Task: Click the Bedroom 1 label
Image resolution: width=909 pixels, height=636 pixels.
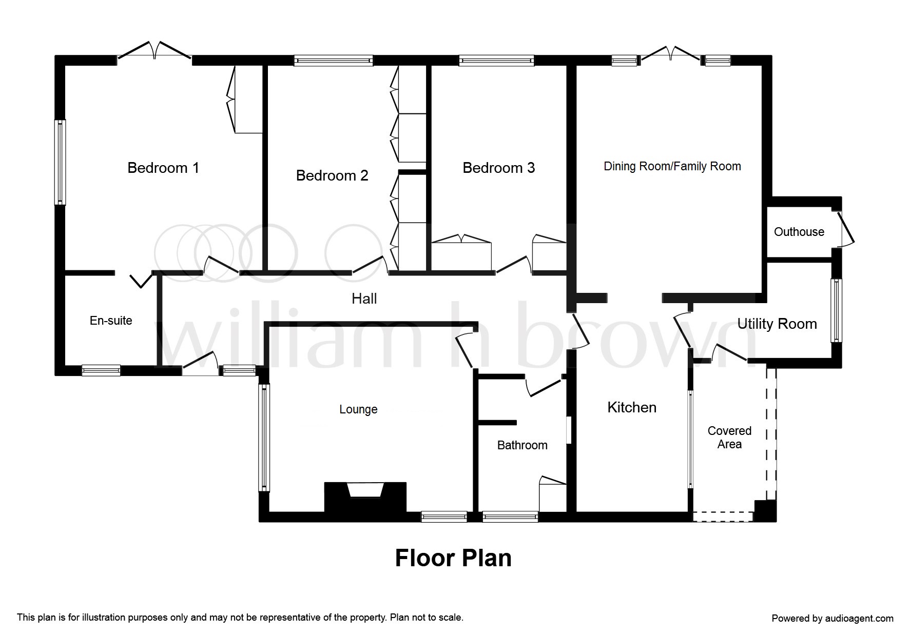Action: pos(163,168)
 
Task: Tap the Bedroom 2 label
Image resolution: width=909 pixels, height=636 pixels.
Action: pos(332,175)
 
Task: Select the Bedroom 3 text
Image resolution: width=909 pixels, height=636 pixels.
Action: pos(498,168)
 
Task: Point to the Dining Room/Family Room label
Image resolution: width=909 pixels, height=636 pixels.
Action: pos(672,166)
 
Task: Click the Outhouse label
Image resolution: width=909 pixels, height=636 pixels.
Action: pos(799,232)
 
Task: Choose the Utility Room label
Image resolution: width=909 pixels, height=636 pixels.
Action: pos(777,324)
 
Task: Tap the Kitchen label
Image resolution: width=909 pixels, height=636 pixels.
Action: pos(632,407)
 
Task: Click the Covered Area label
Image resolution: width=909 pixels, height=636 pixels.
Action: pos(729,438)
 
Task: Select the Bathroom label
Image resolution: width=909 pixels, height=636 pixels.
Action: pos(522,445)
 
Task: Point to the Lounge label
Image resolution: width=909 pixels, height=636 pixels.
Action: pos(358,409)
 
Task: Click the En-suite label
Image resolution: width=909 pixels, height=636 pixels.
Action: pos(111,321)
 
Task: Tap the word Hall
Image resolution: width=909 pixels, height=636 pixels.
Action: pos(364,299)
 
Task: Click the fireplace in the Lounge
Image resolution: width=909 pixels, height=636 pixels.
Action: pos(365,496)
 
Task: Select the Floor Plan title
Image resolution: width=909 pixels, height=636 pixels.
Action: pos(453,558)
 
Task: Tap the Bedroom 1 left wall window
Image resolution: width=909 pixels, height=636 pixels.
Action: pos(60,162)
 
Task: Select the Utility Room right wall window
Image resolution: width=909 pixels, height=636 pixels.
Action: pos(837,310)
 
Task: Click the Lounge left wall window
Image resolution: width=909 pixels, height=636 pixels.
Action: pos(264,438)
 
